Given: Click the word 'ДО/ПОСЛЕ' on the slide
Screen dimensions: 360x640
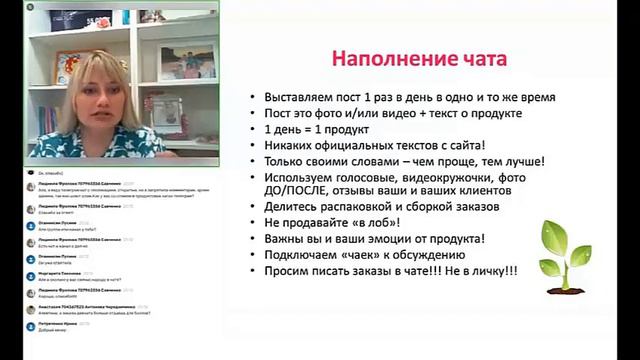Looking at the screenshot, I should click(x=290, y=192).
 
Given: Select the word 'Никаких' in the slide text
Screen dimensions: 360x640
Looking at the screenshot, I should click(x=288, y=145).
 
